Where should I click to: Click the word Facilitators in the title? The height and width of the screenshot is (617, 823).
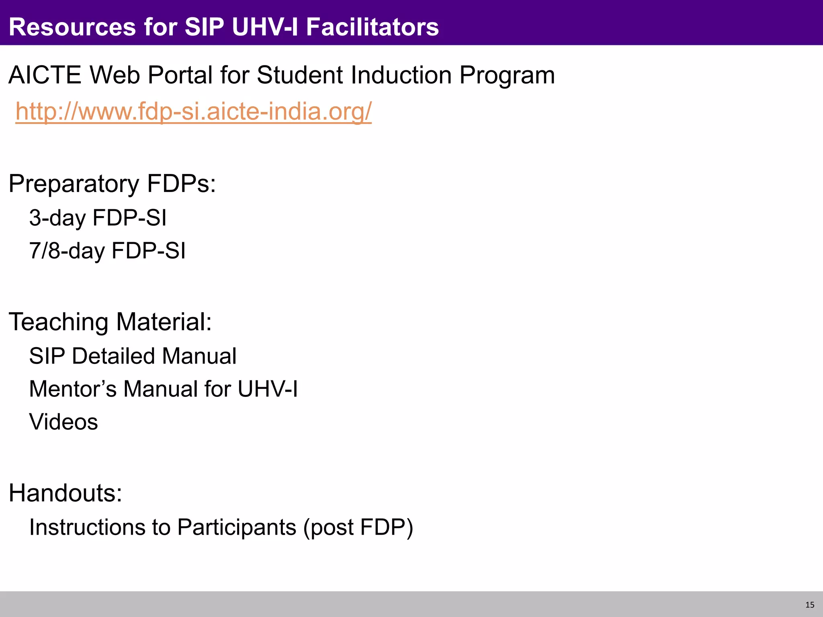point(372,27)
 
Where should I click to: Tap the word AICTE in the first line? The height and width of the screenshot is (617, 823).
point(45,75)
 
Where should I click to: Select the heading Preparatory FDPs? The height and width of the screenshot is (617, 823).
point(112,184)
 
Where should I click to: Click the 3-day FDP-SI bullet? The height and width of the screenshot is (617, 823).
point(98,218)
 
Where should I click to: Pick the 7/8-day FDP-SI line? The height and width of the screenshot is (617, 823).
point(107,251)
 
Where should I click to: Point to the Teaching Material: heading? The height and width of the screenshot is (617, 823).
point(110,322)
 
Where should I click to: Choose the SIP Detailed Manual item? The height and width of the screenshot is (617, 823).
point(133,356)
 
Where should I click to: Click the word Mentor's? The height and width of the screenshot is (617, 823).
point(73,389)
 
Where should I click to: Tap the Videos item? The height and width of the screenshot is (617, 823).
point(63,422)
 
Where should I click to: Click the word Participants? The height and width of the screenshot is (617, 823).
point(237,527)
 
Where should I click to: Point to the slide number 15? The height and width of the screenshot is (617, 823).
point(810,605)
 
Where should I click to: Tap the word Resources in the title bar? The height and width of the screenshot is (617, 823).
point(72,27)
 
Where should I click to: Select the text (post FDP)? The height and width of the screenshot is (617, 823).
point(358,527)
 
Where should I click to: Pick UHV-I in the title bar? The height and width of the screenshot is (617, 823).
point(265,27)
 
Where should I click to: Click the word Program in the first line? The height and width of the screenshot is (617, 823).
point(507,75)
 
